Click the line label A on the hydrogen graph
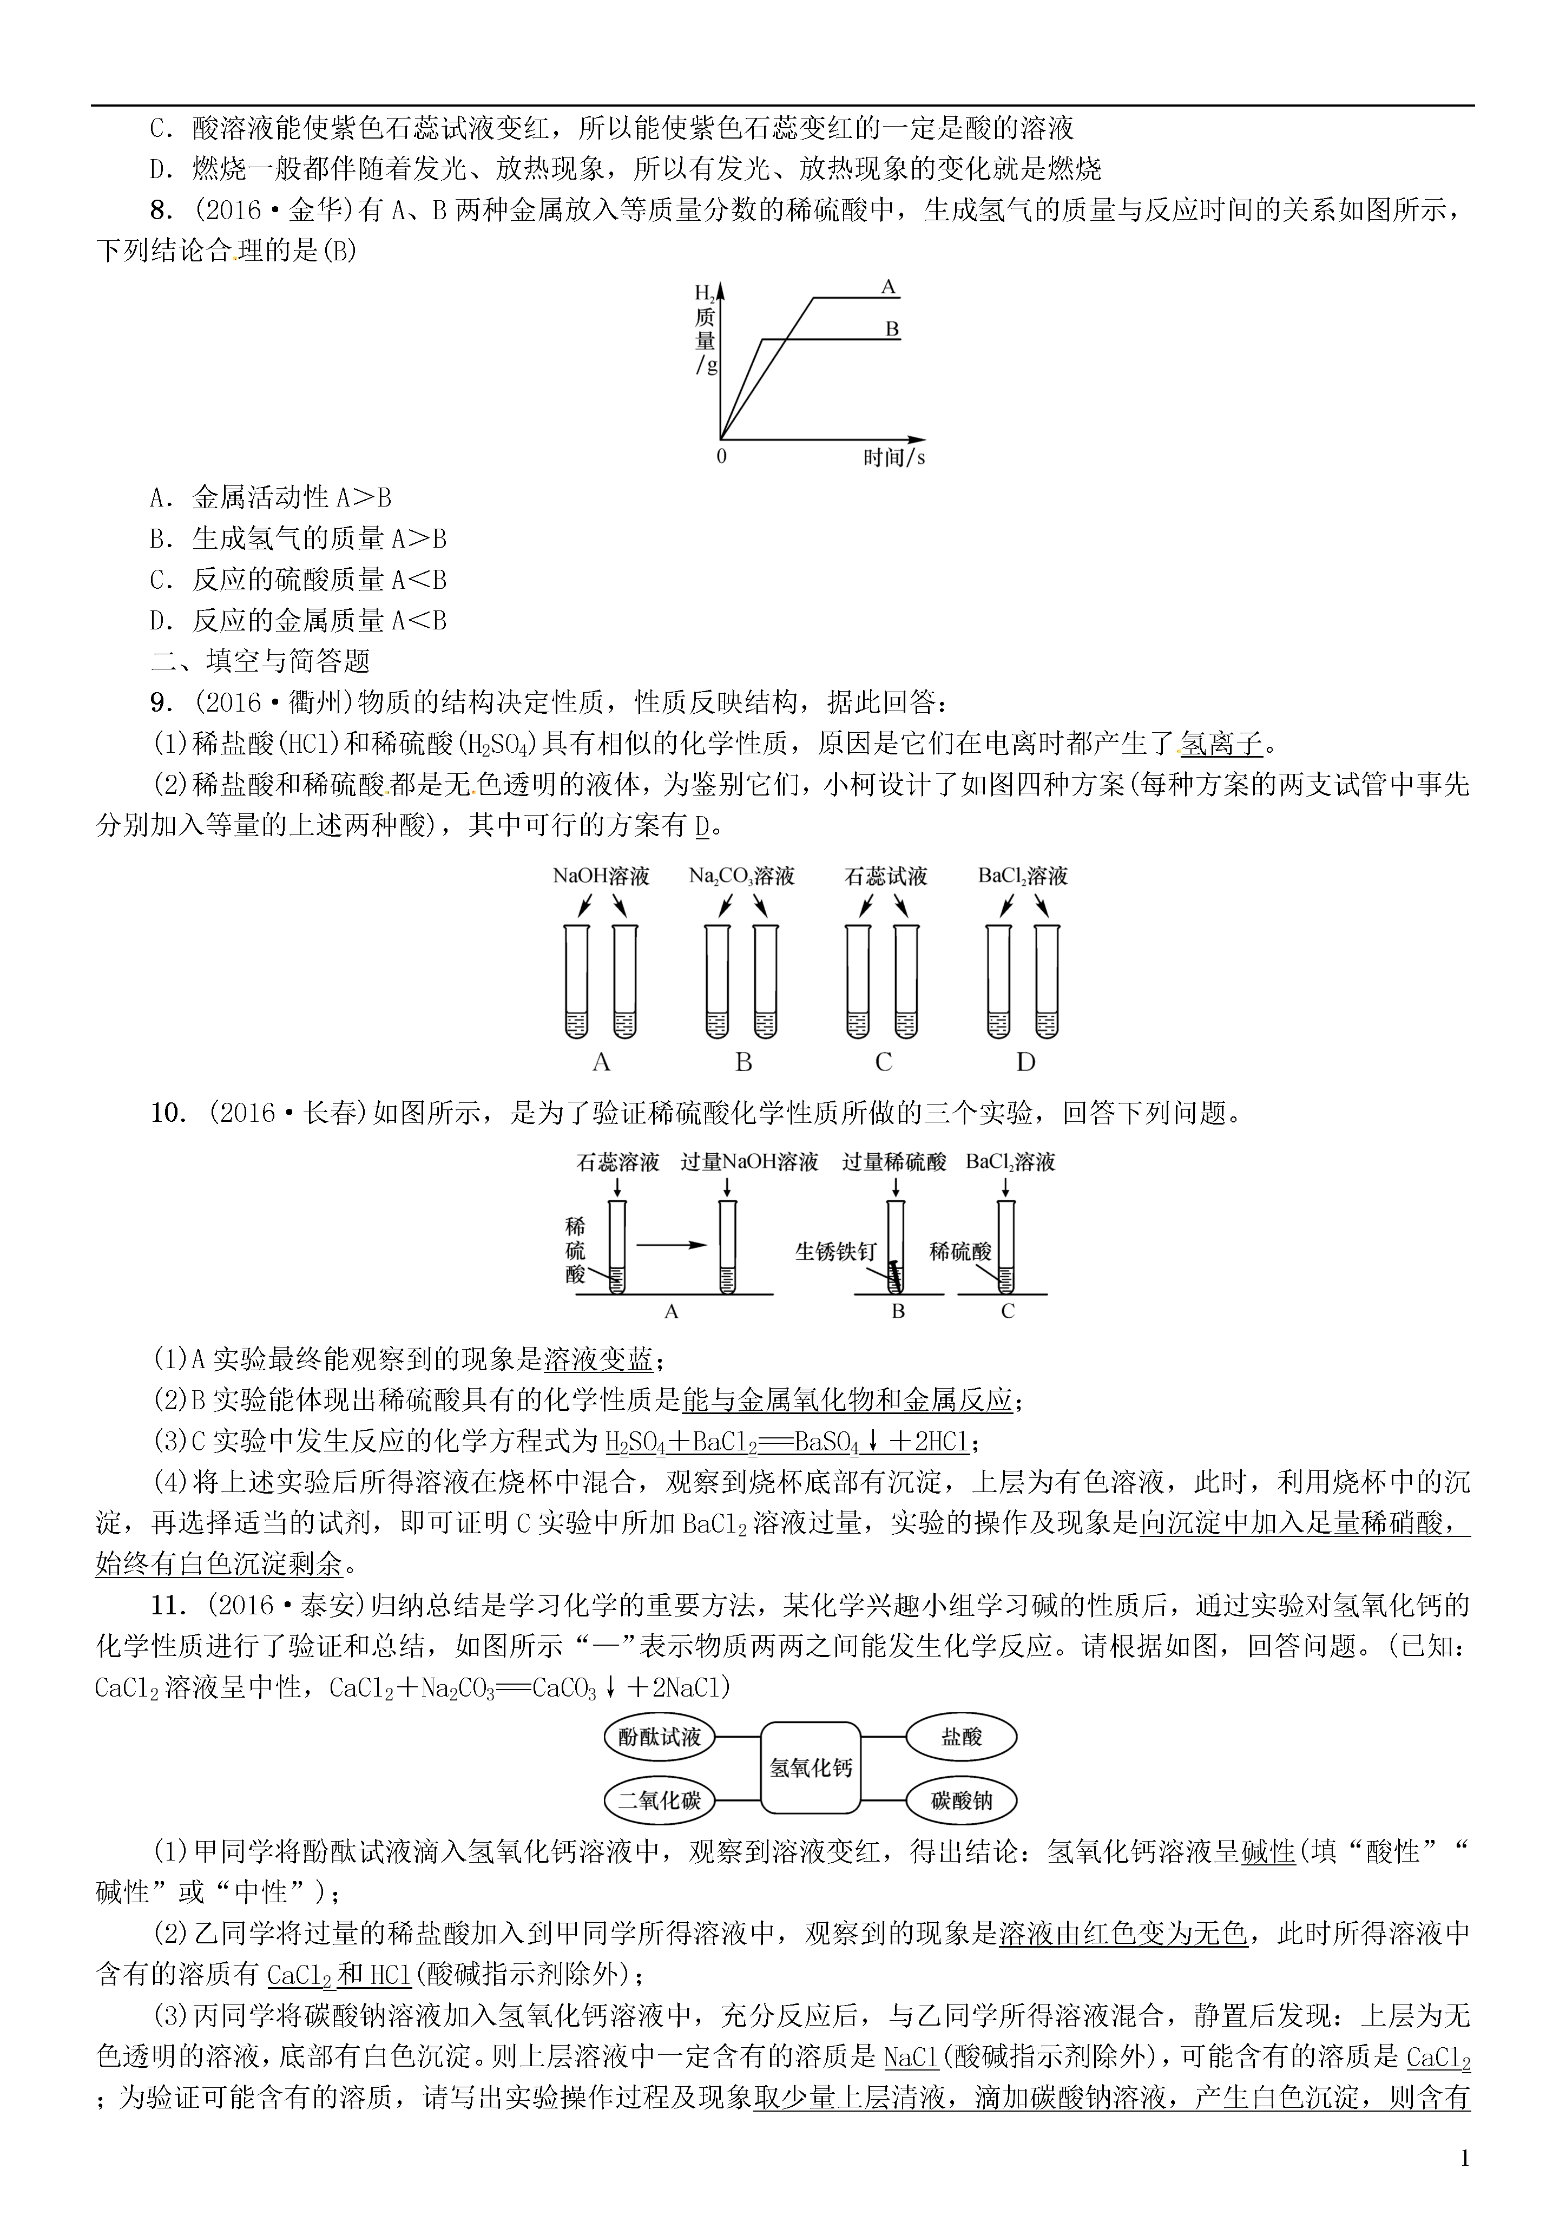pyautogui.click(x=889, y=286)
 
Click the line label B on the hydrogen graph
pyautogui.click(x=892, y=329)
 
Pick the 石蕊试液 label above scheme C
pyautogui.click(x=885, y=876)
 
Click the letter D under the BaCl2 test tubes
pyautogui.click(x=1025, y=1062)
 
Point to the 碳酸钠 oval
pyautogui.click(x=961, y=1800)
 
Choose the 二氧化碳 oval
pyautogui.click(x=659, y=1800)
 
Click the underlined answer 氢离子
pyautogui.click(x=1221, y=744)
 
